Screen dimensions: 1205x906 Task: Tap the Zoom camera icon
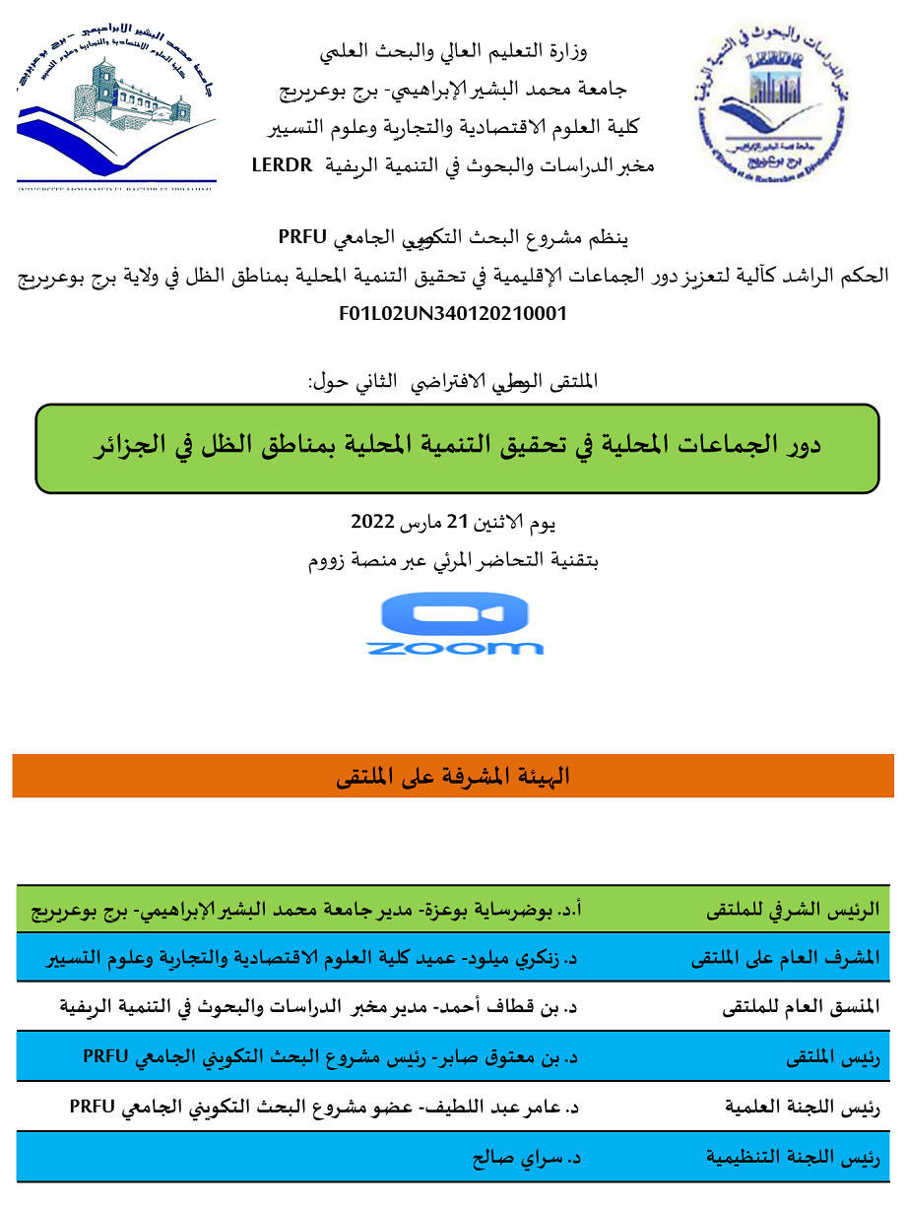pyautogui.click(x=455, y=614)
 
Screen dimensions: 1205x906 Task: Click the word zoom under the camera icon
pyautogui.click(x=455, y=648)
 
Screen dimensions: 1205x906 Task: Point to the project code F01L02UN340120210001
pyautogui.click(x=452, y=315)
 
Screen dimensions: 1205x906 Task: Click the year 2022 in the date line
pyautogui.click(x=372, y=522)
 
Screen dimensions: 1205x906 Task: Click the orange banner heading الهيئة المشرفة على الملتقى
pyautogui.click(x=453, y=777)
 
